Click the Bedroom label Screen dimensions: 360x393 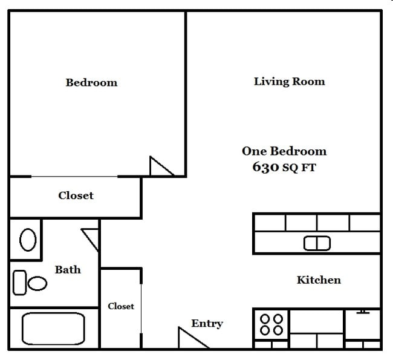pos(91,82)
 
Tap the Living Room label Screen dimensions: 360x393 pos(289,81)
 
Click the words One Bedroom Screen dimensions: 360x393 pos(284,151)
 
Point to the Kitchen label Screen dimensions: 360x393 pos(319,280)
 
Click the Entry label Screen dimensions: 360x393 pos(207,323)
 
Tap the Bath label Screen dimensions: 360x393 pos(68,269)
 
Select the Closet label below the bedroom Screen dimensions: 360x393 pos(76,195)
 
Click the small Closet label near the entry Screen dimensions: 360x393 pos(121,306)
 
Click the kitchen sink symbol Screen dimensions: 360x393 pos(317,243)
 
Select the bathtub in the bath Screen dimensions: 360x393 pos(53,328)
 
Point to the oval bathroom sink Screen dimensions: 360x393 pos(28,240)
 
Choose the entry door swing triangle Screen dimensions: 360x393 pos(190,339)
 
